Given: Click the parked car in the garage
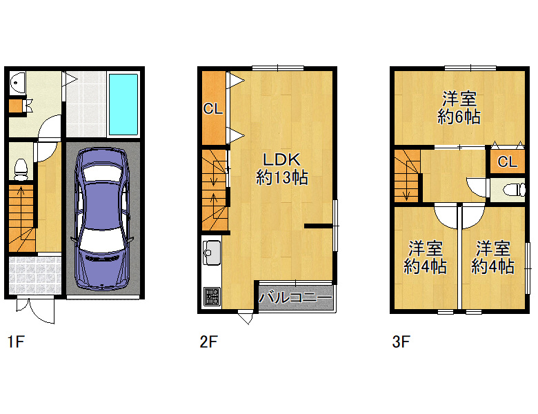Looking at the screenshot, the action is [x=102, y=218].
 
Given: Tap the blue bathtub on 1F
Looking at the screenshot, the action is [x=123, y=104].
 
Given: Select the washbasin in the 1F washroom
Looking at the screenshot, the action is [x=17, y=82].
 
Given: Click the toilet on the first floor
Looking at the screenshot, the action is [x=21, y=169].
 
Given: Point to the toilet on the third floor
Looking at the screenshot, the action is [x=515, y=190].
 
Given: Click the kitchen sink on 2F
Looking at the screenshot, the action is [x=212, y=253].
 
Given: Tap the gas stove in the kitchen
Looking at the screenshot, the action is [x=211, y=296].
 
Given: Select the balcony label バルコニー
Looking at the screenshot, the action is [x=295, y=297].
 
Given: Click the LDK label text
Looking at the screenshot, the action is [x=281, y=159].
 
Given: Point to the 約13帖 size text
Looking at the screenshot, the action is [x=282, y=177].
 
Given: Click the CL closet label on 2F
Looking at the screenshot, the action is [x=213, y=109].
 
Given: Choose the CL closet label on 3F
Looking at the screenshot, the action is [x=507, y=161].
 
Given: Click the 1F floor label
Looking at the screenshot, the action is [x=16, y=342].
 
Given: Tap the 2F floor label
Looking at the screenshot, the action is [x=208, y=342].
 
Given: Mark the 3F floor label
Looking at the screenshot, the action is [x=401, y=342].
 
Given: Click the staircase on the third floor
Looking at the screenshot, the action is [x=407, y=176].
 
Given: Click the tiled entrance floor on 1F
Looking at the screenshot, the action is [x=34, y=275].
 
